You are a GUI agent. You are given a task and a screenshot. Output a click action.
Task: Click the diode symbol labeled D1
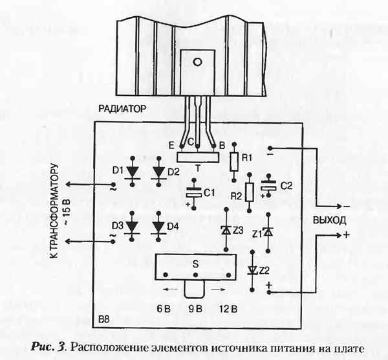pyautogui.click(x=134, y=171)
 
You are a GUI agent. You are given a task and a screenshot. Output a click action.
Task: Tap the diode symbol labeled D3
pyautogui.click(x=134, y=227)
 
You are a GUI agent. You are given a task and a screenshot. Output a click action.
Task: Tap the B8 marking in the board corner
pyautogui.click(x=104, y=320)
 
